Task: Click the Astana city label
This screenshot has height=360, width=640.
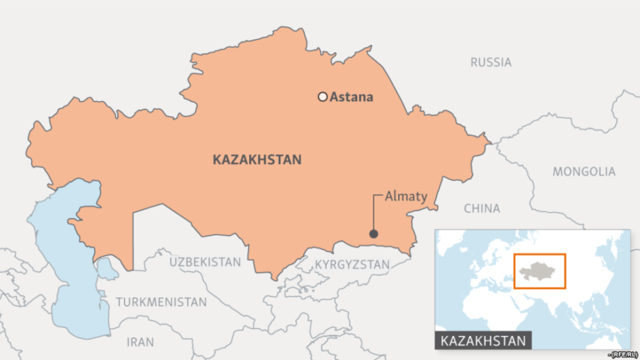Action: click(351, 97)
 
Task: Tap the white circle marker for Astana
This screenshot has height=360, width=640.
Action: click(322, 97)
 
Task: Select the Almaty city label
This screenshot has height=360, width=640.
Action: click(406, 197)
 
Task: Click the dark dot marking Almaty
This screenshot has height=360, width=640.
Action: click(373, 234)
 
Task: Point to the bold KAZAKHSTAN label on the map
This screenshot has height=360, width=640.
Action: click(257, 160)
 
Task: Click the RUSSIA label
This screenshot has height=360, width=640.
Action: click(491, 62)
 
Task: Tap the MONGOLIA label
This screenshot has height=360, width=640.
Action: click(583, 171)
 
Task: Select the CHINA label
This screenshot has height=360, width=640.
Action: click(482, 209)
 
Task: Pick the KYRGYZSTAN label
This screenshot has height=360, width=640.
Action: click(351, 265)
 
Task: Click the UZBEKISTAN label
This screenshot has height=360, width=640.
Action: click(205, 262)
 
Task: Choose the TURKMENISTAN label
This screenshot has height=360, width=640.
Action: click(162, 302)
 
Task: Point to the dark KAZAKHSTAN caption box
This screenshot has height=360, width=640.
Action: click(483, 341)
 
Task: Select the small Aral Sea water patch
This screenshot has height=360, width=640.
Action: click(107, 267)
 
